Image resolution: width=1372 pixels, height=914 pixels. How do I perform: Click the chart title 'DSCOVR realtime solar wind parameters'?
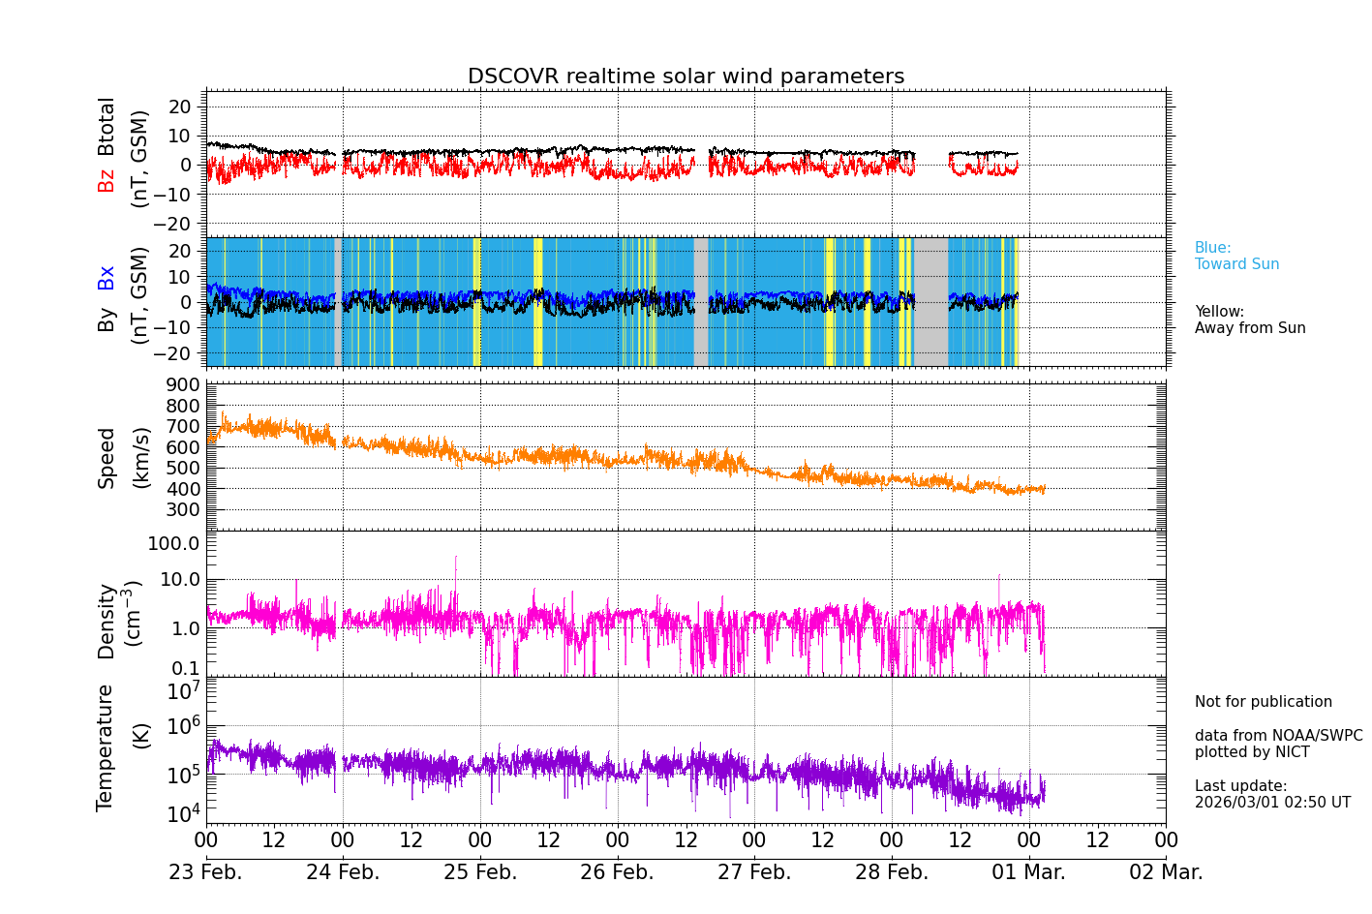686,76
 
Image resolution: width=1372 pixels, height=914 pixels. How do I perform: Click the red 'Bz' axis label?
107,180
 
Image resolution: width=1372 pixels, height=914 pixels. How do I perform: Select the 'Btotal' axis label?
107,126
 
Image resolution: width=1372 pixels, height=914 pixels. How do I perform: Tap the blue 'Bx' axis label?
107,277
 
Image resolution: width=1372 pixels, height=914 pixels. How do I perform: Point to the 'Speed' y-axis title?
107,457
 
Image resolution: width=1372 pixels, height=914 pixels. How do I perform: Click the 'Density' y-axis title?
107,621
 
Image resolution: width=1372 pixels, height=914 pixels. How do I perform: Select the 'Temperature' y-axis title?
106,747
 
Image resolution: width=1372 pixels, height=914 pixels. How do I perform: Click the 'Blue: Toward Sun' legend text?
1236,257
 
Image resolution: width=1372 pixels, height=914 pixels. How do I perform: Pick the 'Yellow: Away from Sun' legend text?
1249,320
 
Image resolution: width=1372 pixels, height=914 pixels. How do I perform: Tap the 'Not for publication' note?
1263,702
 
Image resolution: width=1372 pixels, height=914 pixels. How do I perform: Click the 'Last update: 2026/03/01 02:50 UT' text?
1271,795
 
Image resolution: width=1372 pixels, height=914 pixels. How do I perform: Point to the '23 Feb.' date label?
205,872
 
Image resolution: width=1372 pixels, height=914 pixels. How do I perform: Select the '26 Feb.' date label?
617,872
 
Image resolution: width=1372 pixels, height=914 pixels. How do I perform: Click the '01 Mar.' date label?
1028,872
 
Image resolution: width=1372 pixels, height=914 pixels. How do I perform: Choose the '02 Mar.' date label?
1166,872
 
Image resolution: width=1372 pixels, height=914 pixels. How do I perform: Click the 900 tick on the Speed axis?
188,385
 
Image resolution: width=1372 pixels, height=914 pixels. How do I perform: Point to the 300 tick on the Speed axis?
188,509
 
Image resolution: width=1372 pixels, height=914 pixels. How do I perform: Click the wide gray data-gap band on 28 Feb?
931,301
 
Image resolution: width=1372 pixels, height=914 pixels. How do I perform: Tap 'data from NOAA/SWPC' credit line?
1278,736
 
